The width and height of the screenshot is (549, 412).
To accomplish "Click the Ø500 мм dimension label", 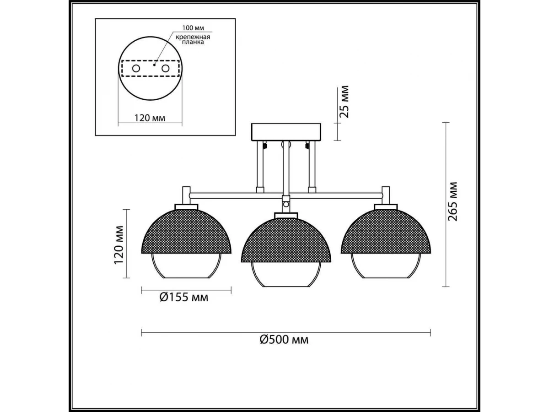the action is pyautogui.click(x=284, y=340).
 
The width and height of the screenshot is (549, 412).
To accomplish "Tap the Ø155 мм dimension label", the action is pyautogui.click(x=184, y=298).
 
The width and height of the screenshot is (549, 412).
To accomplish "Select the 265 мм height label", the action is pyautogui.click(x=452, y=202).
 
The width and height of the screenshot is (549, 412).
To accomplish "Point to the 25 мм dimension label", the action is pyautogui.click(x=344, y=102).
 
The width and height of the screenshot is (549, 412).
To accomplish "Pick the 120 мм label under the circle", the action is pyautogui.click(x=150, y=118).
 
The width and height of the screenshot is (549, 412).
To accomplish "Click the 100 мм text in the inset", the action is pyautogui.click(x=193, y=27).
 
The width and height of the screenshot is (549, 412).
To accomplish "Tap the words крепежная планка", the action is pyautogui.click(x=193, y=39).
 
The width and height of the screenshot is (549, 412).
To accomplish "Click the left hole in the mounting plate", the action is pyautogui.click(x=136, y=68).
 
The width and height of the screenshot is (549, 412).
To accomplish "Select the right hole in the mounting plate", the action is pyautogui.click(x=165, y=68).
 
